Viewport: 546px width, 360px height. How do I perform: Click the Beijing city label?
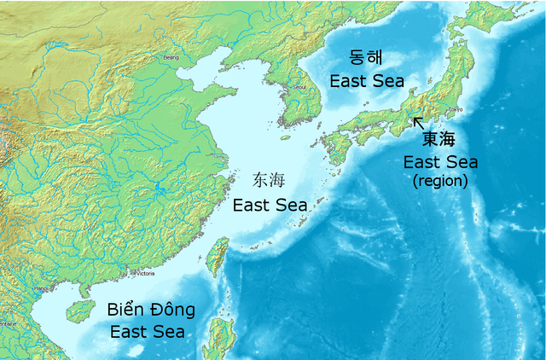point(171,58)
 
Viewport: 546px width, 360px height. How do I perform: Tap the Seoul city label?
point(299,86)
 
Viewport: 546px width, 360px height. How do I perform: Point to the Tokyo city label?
point(455,110)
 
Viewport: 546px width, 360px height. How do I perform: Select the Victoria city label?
point(144,274)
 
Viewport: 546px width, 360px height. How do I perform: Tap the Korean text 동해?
point(366,59)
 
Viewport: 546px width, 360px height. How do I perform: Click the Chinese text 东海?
point(269,180)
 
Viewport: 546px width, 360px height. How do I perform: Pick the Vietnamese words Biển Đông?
point(151,309)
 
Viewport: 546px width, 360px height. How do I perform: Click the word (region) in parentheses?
point(440,181)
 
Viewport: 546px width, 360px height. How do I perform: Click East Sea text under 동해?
point(366,82)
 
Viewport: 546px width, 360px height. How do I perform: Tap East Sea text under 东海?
point(269,204)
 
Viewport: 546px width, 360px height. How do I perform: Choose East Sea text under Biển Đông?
point(151,330)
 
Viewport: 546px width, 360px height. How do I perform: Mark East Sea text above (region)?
point(441,162)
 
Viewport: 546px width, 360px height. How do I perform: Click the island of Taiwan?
point(218,256)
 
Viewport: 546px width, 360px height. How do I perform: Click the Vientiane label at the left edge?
point(7,324)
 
